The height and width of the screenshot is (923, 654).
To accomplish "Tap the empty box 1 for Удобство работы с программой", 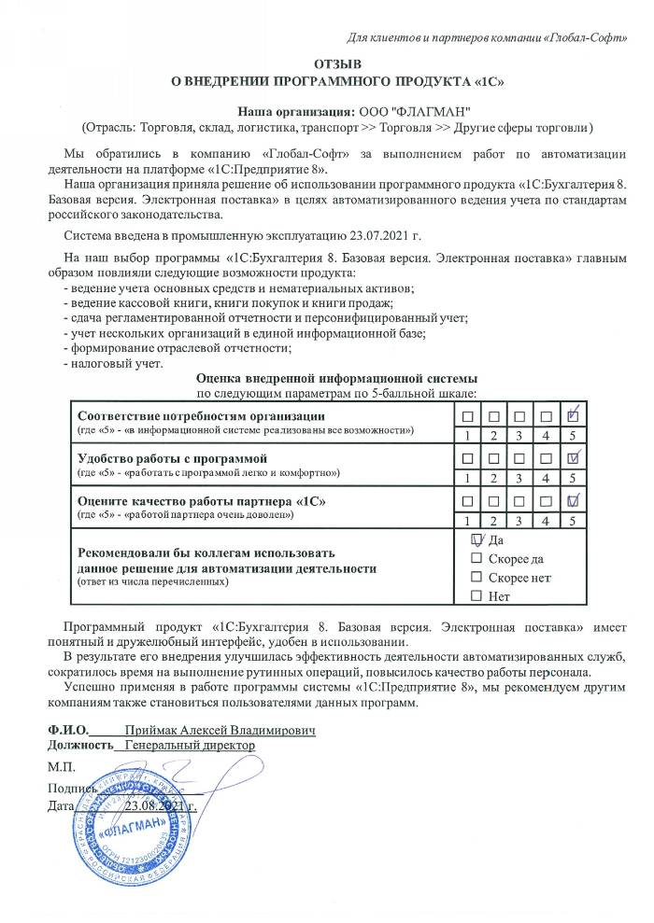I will [x=466, y=459].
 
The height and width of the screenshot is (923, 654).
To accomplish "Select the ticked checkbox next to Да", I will [x=477, y=540].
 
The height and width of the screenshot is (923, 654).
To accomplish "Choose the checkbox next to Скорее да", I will [x=477, y=559].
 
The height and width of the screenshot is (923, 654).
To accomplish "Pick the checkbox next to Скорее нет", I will [x=477, y=578].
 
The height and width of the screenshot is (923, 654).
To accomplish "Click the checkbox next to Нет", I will [x=477, y=595].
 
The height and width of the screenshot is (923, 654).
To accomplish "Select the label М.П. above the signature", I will [x=61, y=766].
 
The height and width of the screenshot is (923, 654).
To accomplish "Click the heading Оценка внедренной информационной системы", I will [x=337, y=378].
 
